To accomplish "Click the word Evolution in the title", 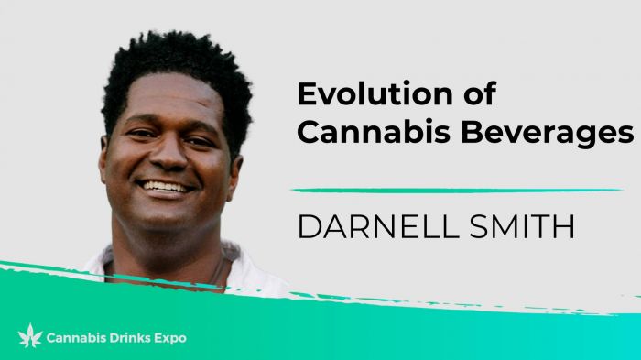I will tap(365, 94).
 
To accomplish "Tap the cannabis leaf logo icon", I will tap(30, 336).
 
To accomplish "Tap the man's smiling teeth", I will tap(167, 186).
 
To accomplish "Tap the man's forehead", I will tap(165, 101).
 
